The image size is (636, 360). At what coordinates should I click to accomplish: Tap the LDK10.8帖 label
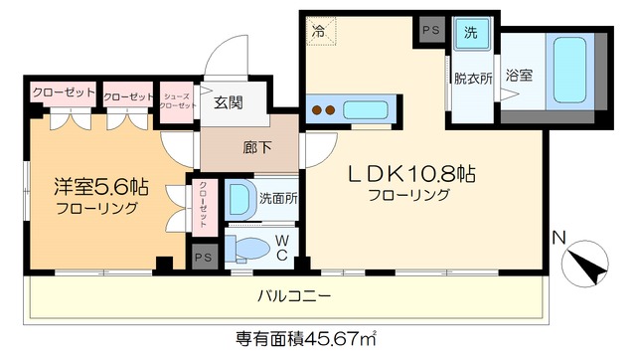pyautogui.click(x=408, y=175)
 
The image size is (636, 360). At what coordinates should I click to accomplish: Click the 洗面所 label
pyautogui.click(x=278, y=198)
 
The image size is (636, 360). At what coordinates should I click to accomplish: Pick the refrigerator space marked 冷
pyautogui.click(x=319, y=30)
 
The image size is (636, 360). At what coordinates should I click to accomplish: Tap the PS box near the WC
pyautogui.click(x=204, y=257)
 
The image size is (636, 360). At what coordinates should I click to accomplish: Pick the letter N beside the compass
pyautogui.click(x=558, y=238)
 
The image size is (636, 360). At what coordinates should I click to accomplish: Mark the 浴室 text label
pyautogui.click(x=518, y=75)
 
